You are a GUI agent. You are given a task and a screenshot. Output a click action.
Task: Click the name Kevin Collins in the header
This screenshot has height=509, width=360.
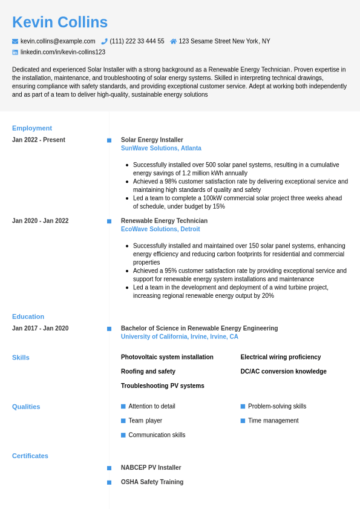(60, 22)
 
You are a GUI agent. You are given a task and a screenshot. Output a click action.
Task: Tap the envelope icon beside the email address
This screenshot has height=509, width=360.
(15, 41)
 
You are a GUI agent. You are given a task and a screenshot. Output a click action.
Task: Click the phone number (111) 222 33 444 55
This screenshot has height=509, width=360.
(137, 41)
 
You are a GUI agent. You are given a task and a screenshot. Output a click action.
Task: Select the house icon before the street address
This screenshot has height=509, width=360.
(174, 41)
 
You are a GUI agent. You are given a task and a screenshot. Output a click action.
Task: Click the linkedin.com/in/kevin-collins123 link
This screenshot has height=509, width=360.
(63, 52)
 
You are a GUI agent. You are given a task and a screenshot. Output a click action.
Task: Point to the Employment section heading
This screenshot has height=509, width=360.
(32, 128)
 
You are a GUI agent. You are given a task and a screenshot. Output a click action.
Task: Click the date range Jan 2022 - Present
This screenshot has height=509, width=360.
(39, 140)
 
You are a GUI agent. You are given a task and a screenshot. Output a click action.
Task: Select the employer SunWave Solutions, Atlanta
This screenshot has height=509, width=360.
(161, 148)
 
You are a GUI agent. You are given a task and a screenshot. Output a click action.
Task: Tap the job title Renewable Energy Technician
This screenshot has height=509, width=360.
(164, 221)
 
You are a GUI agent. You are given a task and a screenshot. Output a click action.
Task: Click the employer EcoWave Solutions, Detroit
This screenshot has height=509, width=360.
(160, 229)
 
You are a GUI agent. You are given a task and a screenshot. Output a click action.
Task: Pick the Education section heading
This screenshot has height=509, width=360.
(28, 317)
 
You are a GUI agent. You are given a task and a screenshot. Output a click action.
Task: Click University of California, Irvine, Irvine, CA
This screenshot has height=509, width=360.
(180, 337)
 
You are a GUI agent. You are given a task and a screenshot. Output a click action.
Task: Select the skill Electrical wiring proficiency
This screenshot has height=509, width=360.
(281, 357)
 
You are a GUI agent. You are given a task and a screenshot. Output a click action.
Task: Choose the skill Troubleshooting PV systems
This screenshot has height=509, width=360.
(163, 386)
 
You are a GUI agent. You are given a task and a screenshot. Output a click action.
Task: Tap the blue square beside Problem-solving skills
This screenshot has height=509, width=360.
(243, 406)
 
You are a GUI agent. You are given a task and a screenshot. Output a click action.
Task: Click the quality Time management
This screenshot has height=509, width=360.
(273, 421)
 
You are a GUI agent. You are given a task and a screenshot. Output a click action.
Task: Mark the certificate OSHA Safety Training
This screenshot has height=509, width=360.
(152, 482)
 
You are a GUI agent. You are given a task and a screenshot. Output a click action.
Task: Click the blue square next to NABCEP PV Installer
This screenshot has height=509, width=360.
(110, 468)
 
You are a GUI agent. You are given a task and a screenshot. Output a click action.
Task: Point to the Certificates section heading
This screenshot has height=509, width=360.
(30, 456)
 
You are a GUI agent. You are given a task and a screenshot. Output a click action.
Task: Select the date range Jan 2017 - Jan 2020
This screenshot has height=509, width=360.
(40, 329)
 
